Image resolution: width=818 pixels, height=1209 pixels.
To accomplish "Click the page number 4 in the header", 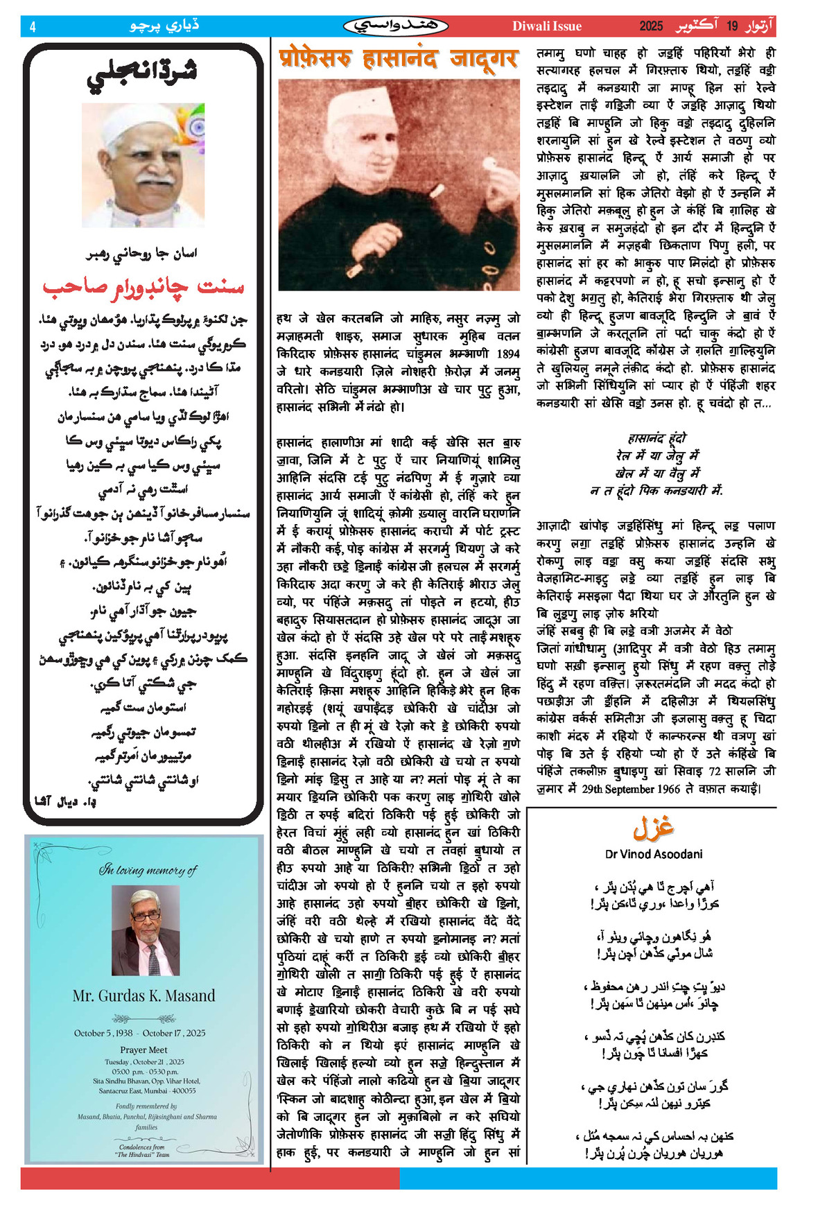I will (x=33, y=27).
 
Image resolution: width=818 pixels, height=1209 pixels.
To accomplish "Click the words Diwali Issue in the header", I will (x=546, y=26).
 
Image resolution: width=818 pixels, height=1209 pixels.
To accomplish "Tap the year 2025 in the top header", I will (x=651, y=26).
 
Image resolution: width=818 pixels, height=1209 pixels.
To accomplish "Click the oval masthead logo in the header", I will (x=395, y=26).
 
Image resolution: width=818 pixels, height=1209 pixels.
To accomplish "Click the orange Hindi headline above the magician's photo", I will (x=398, y=58).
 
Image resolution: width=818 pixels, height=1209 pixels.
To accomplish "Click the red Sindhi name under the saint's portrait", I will (x=143, y=286).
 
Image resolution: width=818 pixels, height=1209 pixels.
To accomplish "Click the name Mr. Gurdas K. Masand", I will (x=143, y=995).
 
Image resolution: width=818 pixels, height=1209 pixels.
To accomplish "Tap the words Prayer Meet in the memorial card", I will (x=143, y=1050).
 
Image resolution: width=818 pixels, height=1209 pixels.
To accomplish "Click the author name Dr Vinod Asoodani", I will (x=654, y=854).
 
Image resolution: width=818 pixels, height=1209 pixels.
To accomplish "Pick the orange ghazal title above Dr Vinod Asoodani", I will (x=653, y=828).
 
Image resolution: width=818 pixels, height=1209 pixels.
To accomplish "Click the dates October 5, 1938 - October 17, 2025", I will (x=140, y=1033).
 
